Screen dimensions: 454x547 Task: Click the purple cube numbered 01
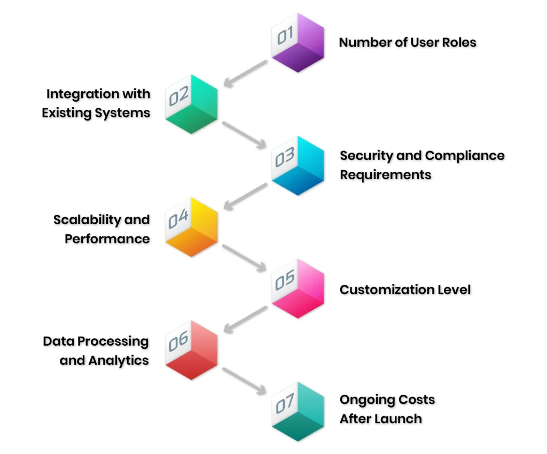pos(298,43)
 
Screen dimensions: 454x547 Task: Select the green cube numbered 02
pos(191,104)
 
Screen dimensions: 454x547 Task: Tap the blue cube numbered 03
pos(298,165)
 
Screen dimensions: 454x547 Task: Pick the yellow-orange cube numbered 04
pos(191,227)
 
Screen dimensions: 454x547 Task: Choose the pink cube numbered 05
pos(298,289)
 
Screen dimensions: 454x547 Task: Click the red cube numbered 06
pos(191,350)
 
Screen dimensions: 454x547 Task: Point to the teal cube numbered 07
pos(298,411)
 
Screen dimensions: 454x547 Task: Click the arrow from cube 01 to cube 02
pos(245,73)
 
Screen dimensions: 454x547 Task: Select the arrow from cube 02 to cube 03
pos(244,135)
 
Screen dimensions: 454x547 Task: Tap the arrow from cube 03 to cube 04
pos(245,196)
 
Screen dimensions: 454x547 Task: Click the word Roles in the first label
pos(459,42)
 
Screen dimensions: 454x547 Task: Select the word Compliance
pos(465,156)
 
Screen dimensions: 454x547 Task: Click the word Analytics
pos(119,361)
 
